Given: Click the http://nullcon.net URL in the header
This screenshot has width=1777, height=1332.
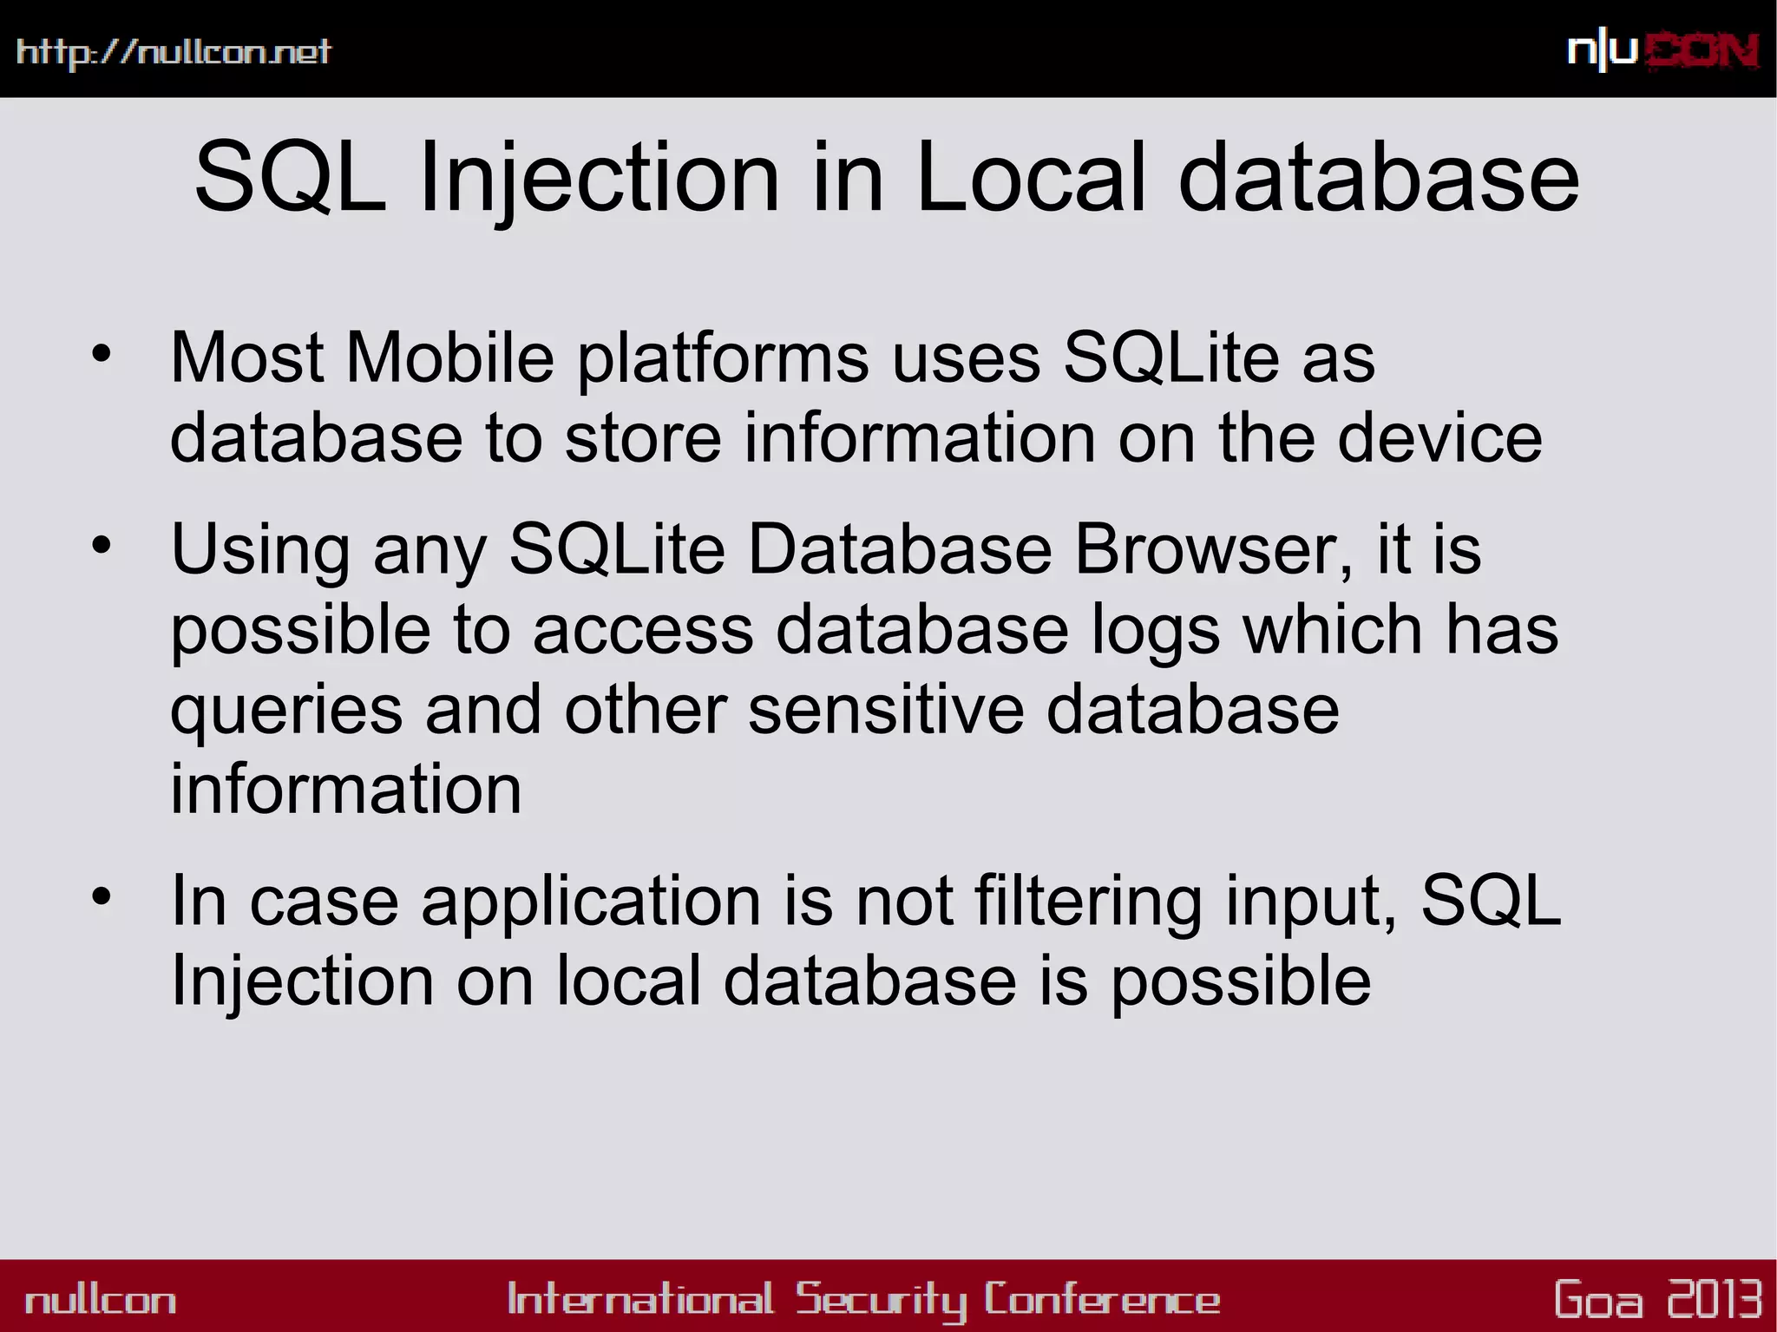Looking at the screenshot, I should tap(174, 52).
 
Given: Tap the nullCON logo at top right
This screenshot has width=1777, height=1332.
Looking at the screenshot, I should tap(1662, 51).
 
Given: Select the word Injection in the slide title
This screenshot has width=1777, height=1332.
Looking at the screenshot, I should tap(600, 180).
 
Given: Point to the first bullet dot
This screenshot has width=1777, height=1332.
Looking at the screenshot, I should tap(102, 354).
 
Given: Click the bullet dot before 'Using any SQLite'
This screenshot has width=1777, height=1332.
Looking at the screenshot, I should tap(102, 546).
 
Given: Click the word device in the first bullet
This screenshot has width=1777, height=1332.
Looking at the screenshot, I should tap(1439, 438).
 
